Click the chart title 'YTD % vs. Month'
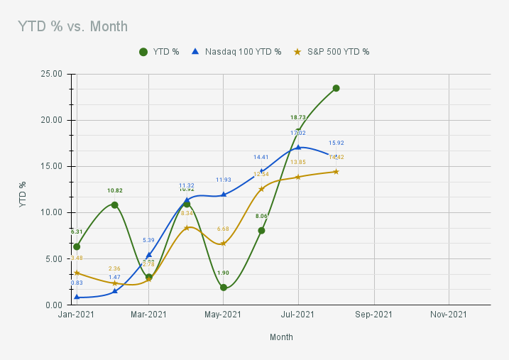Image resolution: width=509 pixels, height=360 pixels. click(x=73, y=26)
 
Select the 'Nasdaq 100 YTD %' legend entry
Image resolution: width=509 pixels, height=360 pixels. click(x=243, y=52)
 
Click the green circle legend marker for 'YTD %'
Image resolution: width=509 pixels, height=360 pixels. click(x=143, y=52)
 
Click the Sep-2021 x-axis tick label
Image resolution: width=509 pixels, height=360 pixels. click(x=373, y=315)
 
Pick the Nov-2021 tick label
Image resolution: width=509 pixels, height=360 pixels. click(x=449, y=315)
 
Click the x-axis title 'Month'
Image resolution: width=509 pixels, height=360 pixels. click(x=281, y=337)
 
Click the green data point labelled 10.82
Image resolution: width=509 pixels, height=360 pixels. click(x=114, y=204)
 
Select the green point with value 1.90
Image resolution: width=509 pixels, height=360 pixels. click(x=224, y=288)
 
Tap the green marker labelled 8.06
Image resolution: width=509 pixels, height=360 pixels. click(x=261, y=230)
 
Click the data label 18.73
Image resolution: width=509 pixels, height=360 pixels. click(x=298, y=117)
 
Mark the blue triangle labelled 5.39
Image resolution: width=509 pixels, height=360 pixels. click(x=149, y=255)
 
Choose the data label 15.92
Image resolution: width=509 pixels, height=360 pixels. click(x=336, y=143)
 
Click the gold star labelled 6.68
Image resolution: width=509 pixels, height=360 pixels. click(x=224, y=244)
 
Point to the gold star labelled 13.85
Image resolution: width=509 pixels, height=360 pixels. click(x=298, y=177)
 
